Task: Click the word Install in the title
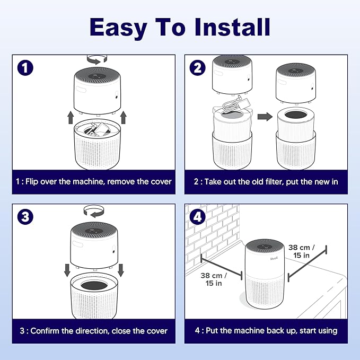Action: coord(232,27)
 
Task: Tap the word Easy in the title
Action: coord(118,29)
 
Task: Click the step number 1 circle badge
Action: coord(25,68)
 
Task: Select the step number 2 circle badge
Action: coord(197,68)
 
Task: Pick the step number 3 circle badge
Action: coord(25,217)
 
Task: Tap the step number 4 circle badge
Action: coord(197,217)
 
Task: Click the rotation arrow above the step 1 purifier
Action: coord(97,60)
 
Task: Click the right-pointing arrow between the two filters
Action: coord(265,117)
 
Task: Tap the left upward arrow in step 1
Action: coord(71,118)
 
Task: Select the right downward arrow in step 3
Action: coord(121,270)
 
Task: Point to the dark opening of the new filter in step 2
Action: coord(296,115)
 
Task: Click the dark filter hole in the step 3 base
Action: coord(94,286)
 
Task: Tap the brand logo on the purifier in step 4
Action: coord(274,259)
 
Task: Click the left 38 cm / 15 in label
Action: coord(214,279)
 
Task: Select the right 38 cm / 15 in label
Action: coord(302,251)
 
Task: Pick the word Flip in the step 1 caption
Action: coord(32,182)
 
